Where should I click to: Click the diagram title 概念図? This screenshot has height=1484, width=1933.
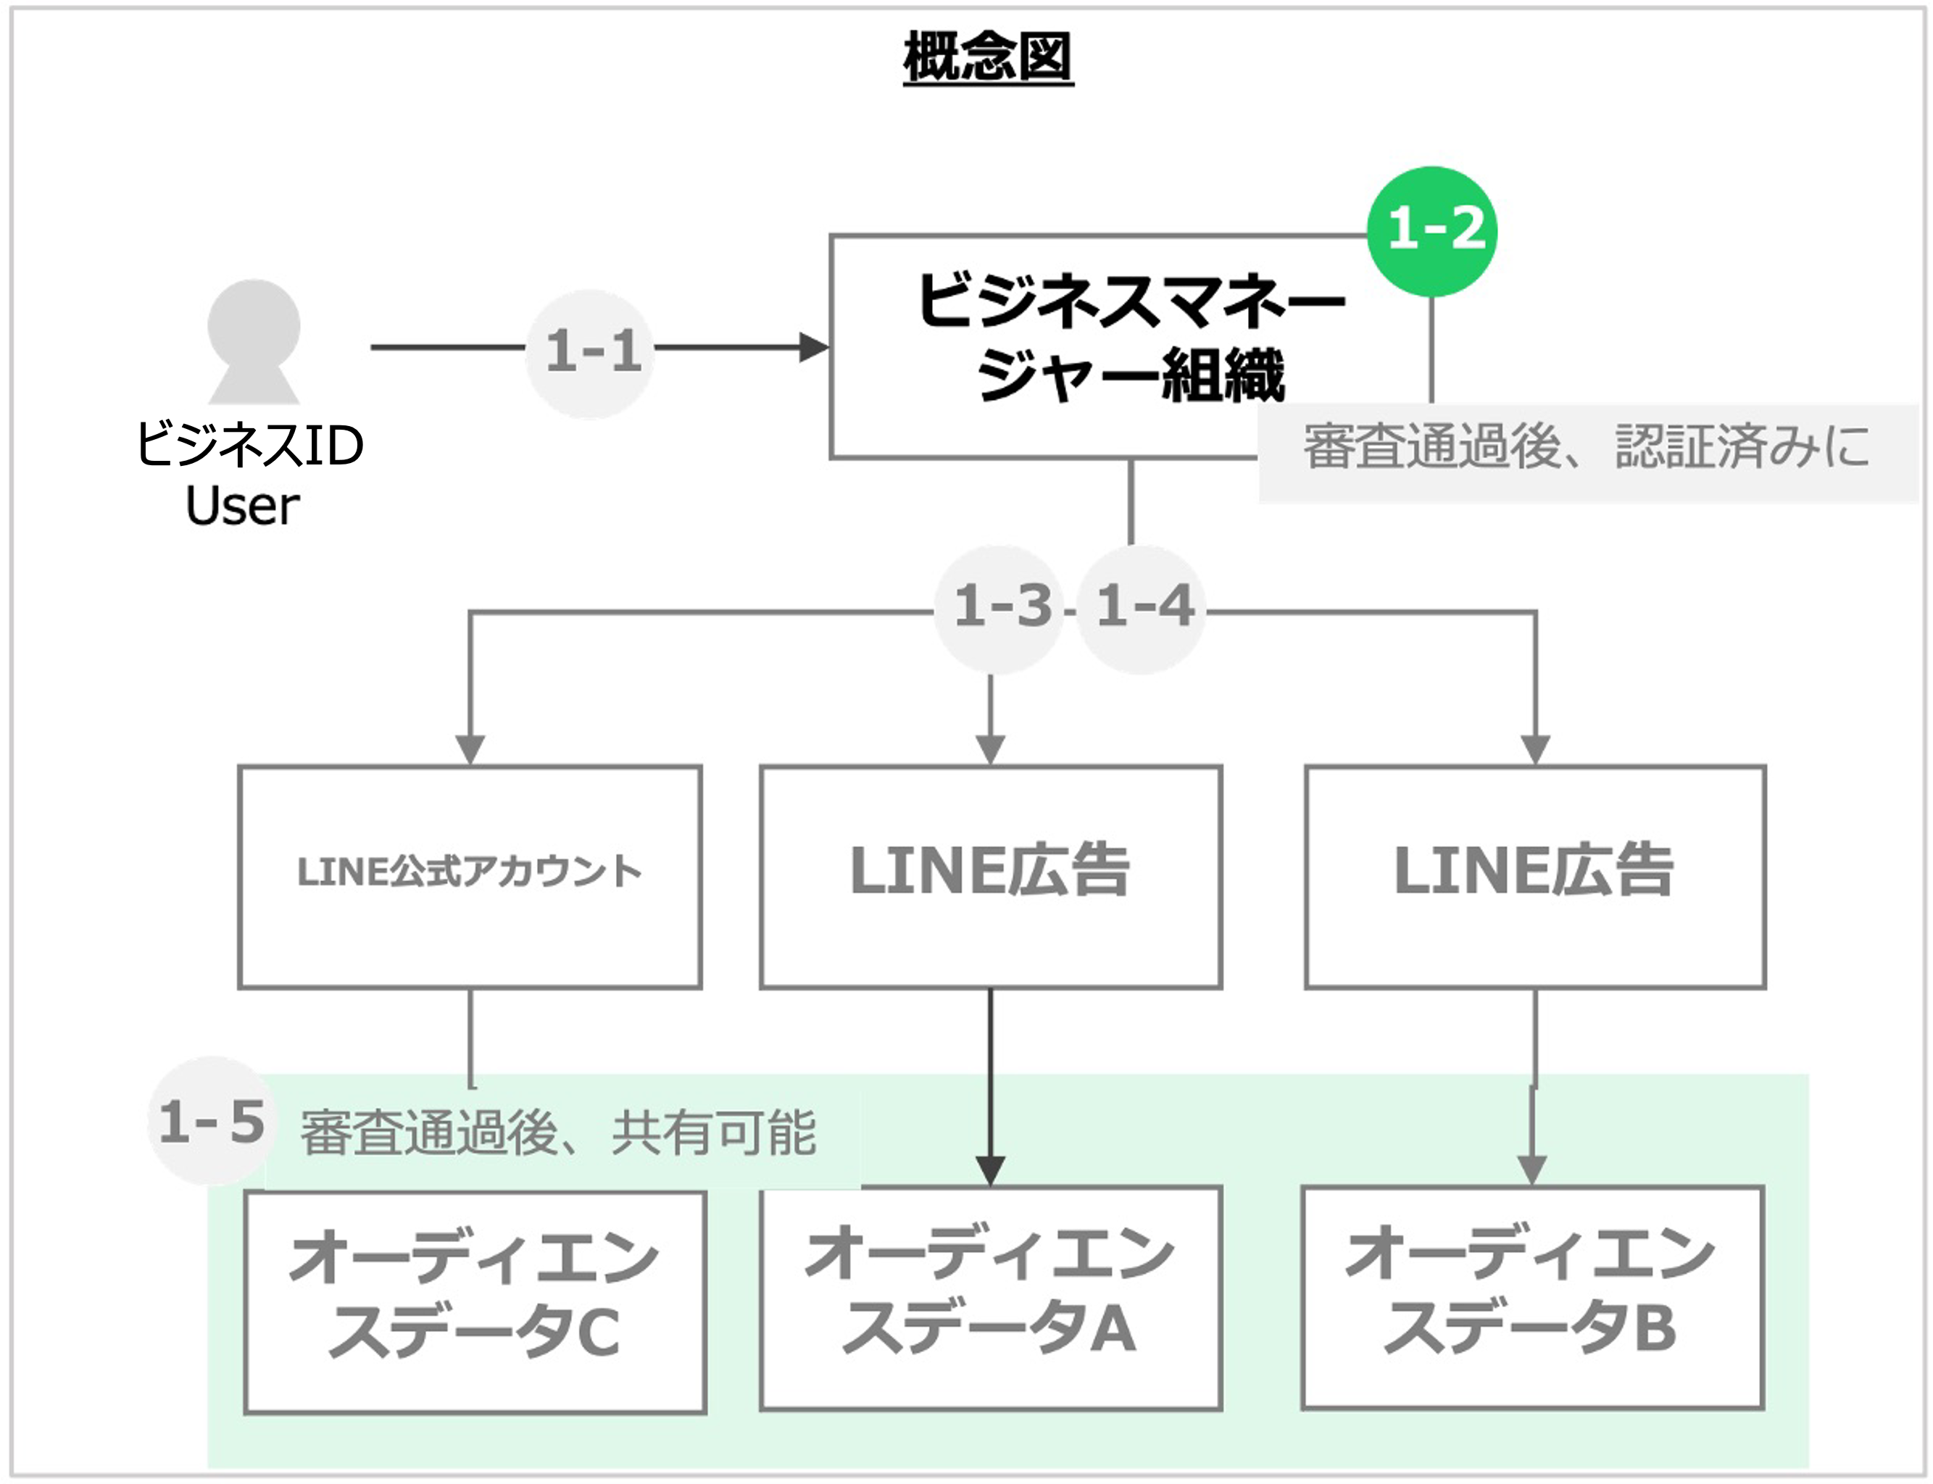[988, 57]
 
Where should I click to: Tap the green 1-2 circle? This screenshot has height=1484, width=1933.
[1432, 231]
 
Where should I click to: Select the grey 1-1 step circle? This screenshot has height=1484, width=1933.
[590, 351]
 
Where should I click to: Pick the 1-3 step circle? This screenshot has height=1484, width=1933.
[999, 608]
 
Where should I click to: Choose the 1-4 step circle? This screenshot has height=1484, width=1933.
[1142, 608]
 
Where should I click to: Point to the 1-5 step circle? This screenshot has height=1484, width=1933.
[212, 1121]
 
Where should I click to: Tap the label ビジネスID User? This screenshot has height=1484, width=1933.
[249, 475]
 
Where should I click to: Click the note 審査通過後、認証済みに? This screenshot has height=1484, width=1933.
[1587, 447]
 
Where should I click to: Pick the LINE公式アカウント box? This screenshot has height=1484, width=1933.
[470, 878]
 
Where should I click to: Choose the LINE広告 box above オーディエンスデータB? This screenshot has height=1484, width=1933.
[1535, 878]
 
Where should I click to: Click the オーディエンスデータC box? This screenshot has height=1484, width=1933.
[475, 1303]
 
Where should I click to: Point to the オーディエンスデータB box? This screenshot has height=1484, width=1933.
[1533, 1298]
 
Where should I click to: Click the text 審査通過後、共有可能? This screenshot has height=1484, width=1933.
[557, 1133]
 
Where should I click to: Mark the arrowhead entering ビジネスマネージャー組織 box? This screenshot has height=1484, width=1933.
[814, 347]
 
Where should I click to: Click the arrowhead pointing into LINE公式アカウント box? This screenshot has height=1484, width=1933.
[470, 749]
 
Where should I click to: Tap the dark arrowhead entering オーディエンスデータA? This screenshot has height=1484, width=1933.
[990, 1170]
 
